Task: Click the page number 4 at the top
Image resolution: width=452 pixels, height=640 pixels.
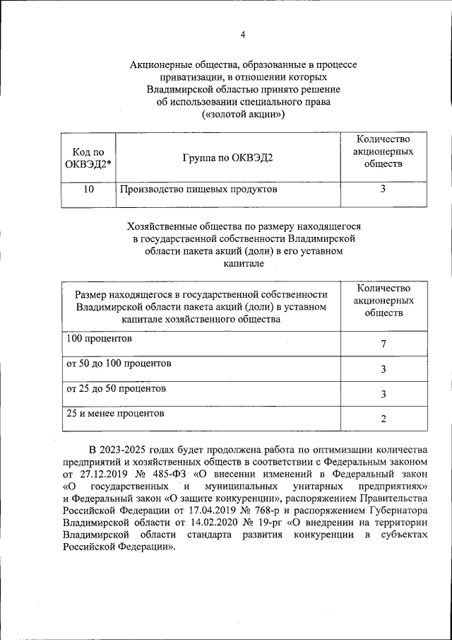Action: point(243,35)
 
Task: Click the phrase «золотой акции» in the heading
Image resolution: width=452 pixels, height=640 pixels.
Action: point(244,115)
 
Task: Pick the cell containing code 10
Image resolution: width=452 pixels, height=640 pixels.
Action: point(88,190)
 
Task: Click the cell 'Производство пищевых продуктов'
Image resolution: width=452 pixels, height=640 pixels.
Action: point(198,190)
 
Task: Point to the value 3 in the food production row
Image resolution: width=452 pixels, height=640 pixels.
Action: point(383,190)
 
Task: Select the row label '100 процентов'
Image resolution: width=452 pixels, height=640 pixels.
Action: point(99,339)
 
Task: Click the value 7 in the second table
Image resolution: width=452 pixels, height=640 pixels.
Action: point(383,344)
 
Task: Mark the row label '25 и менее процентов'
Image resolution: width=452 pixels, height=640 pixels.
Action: point(114,413)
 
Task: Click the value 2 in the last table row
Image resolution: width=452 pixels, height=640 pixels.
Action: point(383,419)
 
